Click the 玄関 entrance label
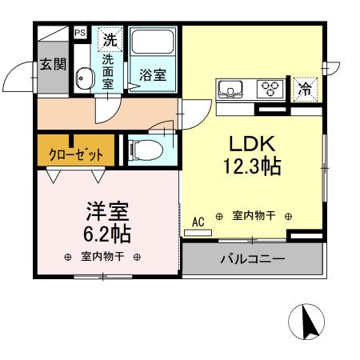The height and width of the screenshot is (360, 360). coord(54,64)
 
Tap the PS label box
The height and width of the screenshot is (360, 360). coord(80,33)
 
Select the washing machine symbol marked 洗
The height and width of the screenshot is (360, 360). coord(109,38)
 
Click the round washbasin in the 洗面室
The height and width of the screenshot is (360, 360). coord(82,78)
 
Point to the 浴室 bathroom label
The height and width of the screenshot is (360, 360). coord(153,75)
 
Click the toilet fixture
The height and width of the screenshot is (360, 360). coord(145,148)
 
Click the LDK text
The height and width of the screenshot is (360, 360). coord(253,144)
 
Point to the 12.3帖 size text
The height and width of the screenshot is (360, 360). coord(253,167)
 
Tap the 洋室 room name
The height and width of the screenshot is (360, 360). coord(109,212)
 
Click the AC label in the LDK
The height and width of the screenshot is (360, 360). coord(198,222)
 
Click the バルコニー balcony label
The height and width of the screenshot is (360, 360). coord(253,259)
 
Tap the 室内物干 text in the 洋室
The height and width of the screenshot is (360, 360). coord(102,257)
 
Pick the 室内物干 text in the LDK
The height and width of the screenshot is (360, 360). coord(253,216)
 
